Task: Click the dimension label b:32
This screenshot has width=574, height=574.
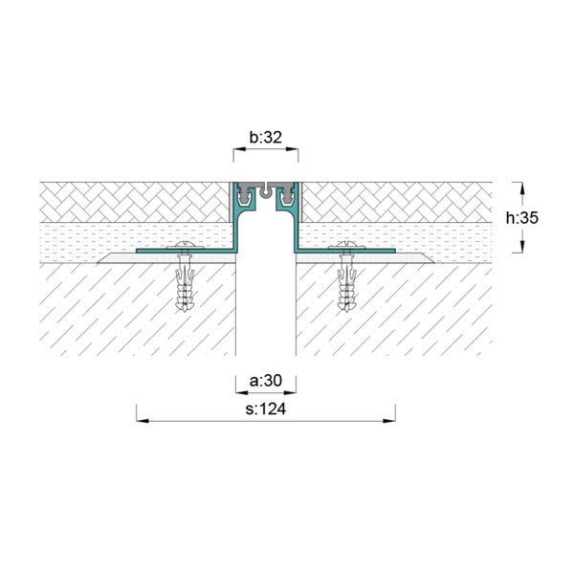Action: click(x=266, y=137)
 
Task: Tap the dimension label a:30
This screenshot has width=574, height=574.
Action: click(x=266, y=381)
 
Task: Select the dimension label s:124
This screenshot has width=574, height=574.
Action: click(x=266, y=408)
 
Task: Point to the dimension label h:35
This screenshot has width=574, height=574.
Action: click(x=522, y=218)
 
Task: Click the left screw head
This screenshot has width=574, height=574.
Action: click(x=185, y=245)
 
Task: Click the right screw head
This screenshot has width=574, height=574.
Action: click(x=346, y=245)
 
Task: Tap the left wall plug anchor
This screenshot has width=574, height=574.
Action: click(x=185, y=282)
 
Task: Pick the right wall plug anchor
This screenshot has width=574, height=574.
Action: click(x=347, y=282)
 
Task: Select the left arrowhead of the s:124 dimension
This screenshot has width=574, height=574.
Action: click(x=143, y=421)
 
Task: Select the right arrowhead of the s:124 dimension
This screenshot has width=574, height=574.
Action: click(x=389, y=421)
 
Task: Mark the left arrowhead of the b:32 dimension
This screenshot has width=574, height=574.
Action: click(x=239, y=149)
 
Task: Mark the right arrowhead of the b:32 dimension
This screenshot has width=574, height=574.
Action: click(x=292, y=149)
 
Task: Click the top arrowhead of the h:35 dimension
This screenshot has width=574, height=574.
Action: click(x=522, y=188)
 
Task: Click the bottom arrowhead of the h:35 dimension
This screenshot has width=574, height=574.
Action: click(x=522, y=247)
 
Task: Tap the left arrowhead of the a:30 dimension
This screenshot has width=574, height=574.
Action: click(x=242, y=393)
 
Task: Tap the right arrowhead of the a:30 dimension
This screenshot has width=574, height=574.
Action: click(x=290, y=393)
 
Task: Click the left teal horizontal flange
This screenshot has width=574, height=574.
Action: click(x=186, y=251)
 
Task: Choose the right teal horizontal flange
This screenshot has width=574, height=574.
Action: click(x=344, y=251)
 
